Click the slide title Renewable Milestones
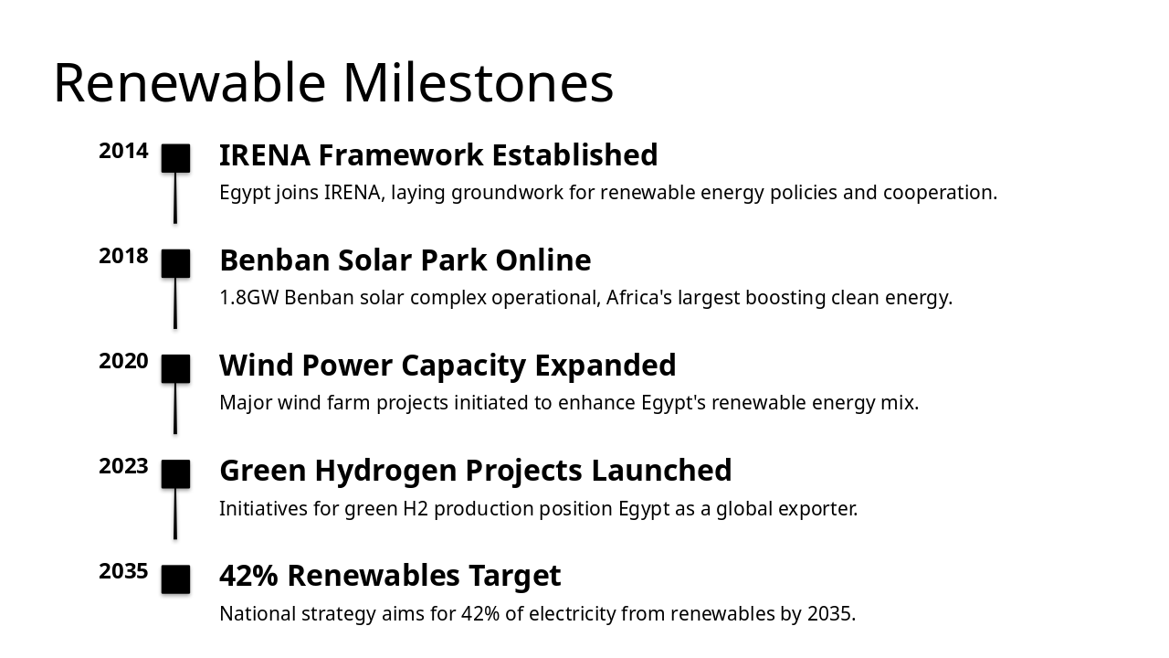point(333,82)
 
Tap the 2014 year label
point(123,151)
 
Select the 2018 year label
point(123,256)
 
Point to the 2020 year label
point(123,361)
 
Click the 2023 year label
point(123,466)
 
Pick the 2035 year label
point(123,571)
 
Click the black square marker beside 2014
point(175,158)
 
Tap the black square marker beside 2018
point(175,263)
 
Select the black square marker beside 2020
point(175,368)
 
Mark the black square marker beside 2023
point(175,473)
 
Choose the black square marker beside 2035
point(175,579)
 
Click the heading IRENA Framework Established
point(438,155)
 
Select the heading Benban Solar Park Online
point(405,260)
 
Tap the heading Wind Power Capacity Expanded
point(448,366)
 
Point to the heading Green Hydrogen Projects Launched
point(475,471)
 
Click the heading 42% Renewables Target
point(390,576)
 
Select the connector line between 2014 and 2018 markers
point(175,198)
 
